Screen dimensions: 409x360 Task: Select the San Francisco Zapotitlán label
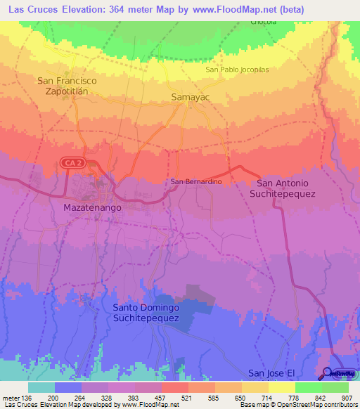point(71,86)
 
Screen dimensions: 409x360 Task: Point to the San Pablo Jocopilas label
point(237,70)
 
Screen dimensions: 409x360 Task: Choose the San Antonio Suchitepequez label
point(283,188)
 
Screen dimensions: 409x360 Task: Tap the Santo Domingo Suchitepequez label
point(146,313)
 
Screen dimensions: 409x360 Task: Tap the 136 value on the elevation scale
point(27,397)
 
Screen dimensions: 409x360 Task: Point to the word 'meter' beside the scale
point(11,397)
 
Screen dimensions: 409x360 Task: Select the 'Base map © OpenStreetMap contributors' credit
point(298,405)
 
